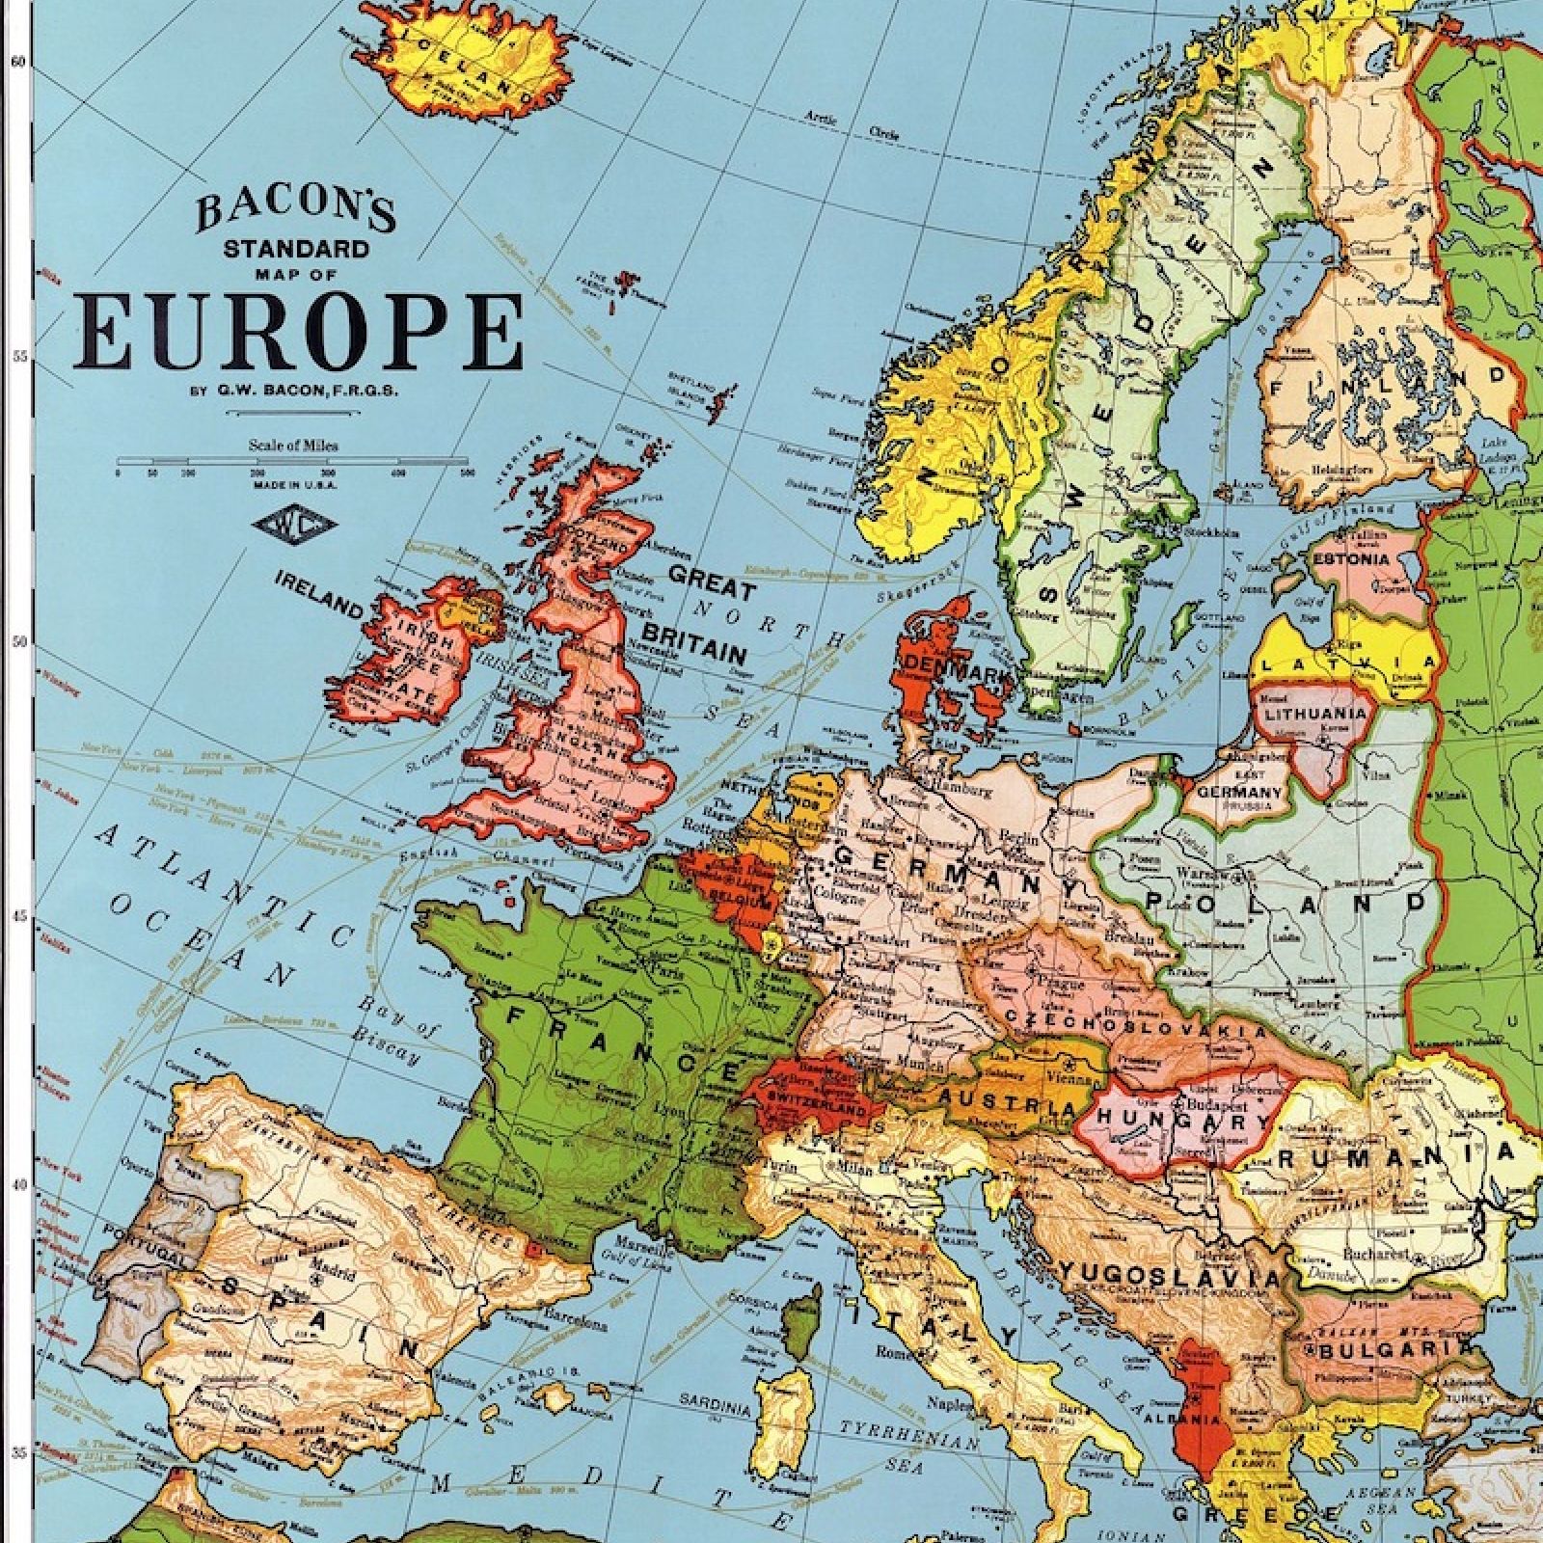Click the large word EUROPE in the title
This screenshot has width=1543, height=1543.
coord(299,331)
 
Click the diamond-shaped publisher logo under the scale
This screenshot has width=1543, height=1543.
coord(293,527)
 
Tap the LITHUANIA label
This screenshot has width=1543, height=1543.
coord(1314,714)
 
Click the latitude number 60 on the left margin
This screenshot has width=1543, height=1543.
coord(15,60)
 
